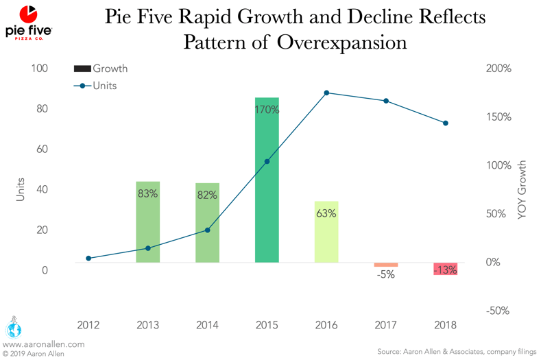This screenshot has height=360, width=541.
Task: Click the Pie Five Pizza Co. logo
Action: tap(28, 23)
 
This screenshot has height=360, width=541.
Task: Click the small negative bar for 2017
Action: tap(386, 265)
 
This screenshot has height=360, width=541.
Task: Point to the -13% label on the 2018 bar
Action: tap(446, 269)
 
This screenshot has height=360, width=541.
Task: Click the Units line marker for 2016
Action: tap(326, 93)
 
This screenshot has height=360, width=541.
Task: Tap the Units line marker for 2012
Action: tap(88, 259)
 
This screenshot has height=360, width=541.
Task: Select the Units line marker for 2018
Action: tap(446, 123)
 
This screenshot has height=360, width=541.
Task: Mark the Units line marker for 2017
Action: tap(386, 101)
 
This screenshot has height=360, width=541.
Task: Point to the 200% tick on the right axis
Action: tap(498, 69)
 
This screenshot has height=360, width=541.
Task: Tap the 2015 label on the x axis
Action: tap(267, 325)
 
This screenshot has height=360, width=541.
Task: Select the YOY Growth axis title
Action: tap(523, 190)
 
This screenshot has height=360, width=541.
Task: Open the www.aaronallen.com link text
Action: tap(44, 344)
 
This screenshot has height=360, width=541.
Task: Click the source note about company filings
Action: tap(457, 351)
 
